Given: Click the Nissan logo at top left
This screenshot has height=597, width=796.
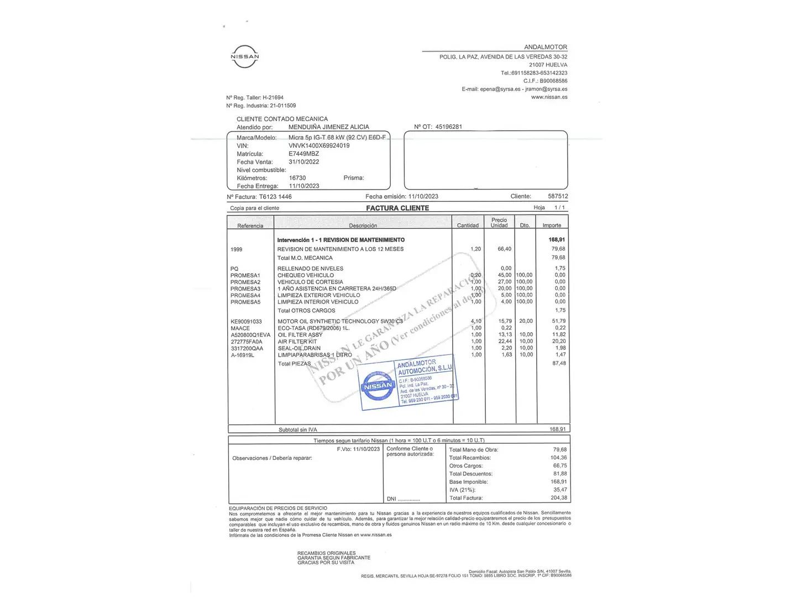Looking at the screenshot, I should coord(244,56).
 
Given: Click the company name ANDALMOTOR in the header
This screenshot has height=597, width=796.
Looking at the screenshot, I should coord(545,47).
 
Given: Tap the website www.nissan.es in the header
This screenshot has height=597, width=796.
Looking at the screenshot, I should coord(549,97).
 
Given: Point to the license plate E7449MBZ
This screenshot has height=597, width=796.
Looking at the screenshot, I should coord(303,154).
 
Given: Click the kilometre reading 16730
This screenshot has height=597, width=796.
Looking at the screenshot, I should coord(297,178).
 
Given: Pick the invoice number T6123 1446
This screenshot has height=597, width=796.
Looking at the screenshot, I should coord(275,197).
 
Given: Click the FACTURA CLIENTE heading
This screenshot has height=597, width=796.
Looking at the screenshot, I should coord(397,208).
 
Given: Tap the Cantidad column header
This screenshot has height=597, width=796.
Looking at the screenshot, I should coord(468,226).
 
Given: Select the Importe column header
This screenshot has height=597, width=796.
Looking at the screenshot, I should coord(552,226).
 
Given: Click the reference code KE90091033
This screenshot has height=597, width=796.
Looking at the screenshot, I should coord(246,321).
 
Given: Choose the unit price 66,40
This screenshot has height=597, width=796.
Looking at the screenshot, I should coord(504,249).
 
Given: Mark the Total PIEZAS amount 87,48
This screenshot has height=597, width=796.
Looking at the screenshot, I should coord(559,363).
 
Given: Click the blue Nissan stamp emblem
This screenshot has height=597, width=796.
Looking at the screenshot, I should coord(378,386).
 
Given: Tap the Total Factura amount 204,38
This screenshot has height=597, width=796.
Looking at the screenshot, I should coord(559,498).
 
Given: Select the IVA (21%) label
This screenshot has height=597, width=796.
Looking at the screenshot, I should coord(462,490).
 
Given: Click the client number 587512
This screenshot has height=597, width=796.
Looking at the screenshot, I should coord(558,196).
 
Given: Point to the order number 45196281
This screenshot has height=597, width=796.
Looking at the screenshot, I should coord(448,127).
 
